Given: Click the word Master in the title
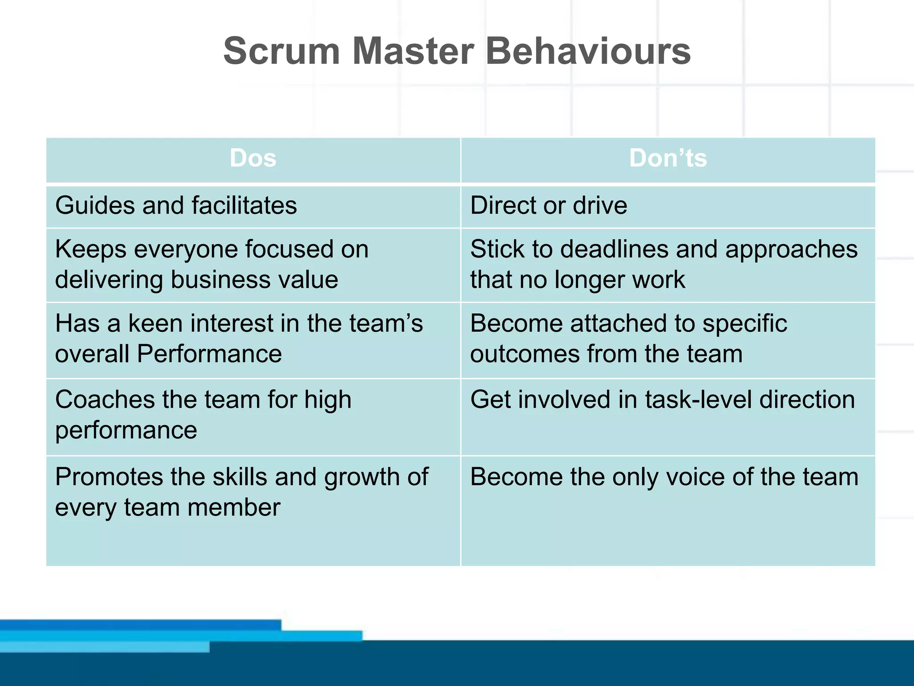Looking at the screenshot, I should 413,51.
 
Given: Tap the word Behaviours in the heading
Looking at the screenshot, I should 588,51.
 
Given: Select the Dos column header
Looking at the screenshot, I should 253,159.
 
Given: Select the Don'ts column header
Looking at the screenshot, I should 668,159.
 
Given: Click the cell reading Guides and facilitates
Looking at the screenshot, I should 176,206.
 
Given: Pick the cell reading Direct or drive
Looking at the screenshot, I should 548,206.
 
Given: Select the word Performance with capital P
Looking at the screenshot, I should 209,354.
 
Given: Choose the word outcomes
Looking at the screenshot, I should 524,354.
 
